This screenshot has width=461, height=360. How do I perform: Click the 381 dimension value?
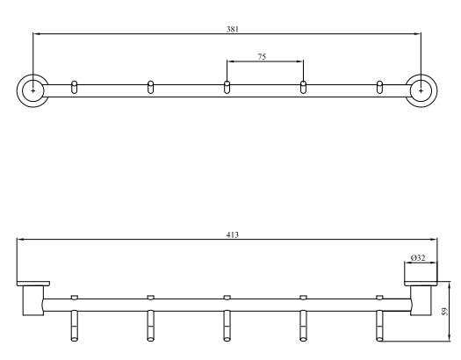(x=233, y=29)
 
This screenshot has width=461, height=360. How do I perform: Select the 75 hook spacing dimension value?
(x=262, y=57)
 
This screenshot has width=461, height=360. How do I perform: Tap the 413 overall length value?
(x=233, y=234)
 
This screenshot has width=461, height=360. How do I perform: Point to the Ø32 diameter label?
(x=418, y=258)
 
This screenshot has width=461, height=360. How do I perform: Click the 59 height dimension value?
(x=445, y=312)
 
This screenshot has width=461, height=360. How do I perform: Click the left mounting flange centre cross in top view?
(x=33, y=90)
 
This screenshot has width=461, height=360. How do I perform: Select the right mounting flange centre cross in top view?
(x=421, y=90)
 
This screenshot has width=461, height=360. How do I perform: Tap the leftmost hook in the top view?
(x=75, y=87)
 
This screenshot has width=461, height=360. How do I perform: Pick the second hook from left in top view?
(x=150, y=87)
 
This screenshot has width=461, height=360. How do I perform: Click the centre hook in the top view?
(x=227, y=87)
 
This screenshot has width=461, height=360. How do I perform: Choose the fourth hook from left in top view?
(x=303, y=87)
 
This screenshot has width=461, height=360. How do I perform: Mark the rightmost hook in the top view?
(x=379, y=87)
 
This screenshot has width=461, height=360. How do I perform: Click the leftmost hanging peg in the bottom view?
(x=74, y=326)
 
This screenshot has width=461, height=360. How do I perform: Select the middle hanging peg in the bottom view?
(x=227, y=326)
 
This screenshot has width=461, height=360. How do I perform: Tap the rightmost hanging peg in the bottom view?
(x=379, y=326)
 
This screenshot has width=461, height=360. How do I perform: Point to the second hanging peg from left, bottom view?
(x=150, y=326)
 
